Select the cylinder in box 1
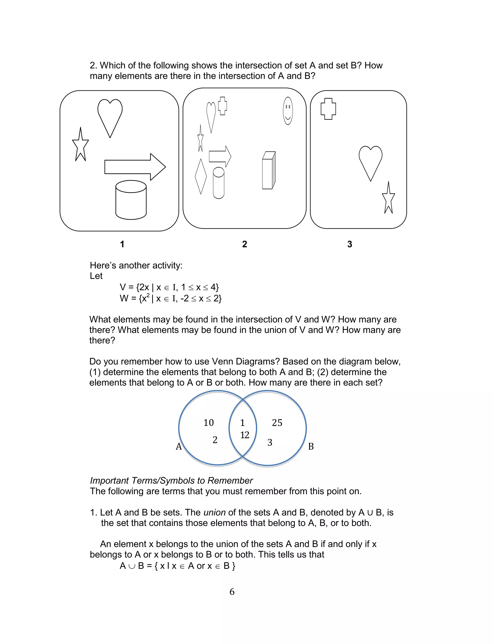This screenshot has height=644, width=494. [x=131, y=200]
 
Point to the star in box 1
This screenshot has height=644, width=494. [x=80, y=145]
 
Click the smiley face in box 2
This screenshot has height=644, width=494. [x=288, y=111]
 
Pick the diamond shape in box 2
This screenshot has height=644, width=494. [x=201, y=176]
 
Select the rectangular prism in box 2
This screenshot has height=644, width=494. [x=268, y=170]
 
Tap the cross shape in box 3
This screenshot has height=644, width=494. [x=328, y=109]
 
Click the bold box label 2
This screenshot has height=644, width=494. [x=244, y=244]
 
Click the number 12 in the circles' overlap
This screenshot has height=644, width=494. [x=245, y=435]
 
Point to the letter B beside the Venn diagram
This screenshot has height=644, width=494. [x=311, y=446]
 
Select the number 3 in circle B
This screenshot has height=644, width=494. [x=270, y=443]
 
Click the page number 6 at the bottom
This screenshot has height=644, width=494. [x=232, y=591]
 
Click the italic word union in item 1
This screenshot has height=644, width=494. [x=214, y=512]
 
